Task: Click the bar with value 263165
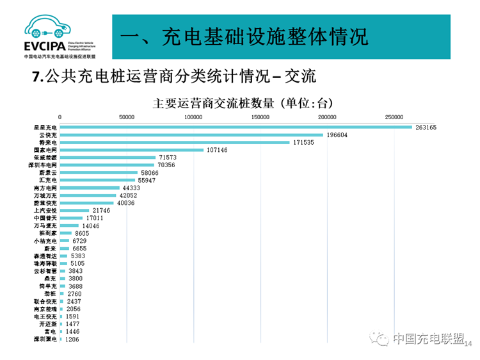(236, 127)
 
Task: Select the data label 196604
(339, 135)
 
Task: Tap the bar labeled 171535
(175, 142)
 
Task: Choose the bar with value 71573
(108, 158)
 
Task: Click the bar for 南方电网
(90, 188)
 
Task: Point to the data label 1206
(74, 339)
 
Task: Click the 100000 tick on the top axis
(193, 117)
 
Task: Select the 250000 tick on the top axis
(394, 117)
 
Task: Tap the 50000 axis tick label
(127, 117)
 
